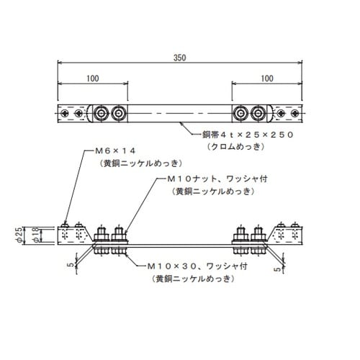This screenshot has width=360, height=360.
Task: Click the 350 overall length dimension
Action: coord(180,58)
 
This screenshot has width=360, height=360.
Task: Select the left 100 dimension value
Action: coord(93,78)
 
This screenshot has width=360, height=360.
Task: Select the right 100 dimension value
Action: coord(267,78)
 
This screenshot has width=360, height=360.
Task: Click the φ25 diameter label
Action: coord(19,235)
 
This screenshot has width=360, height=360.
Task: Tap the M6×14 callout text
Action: coord(115,151)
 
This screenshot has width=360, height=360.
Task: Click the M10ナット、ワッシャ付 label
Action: coord(217,179)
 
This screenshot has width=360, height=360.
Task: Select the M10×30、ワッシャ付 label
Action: coord(197,266)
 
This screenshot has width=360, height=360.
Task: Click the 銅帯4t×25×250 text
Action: coord(248,135)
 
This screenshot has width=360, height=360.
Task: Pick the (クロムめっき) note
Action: coord(236,146)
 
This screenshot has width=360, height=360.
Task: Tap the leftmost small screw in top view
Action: coord(64,113)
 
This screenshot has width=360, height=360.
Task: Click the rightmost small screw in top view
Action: coord(295,113)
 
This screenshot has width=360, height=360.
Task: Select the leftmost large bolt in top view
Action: coord(101,113)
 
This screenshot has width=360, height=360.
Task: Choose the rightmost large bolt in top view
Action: coord(258,113)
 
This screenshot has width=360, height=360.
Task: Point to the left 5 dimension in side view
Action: coord(71,265)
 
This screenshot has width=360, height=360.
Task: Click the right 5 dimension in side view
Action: coord(278,269)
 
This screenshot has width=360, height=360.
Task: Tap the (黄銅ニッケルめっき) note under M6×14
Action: coord(140,163)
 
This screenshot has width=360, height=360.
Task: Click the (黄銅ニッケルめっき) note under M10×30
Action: coord(193,279)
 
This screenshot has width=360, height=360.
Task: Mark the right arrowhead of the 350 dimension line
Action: coord(300,63)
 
